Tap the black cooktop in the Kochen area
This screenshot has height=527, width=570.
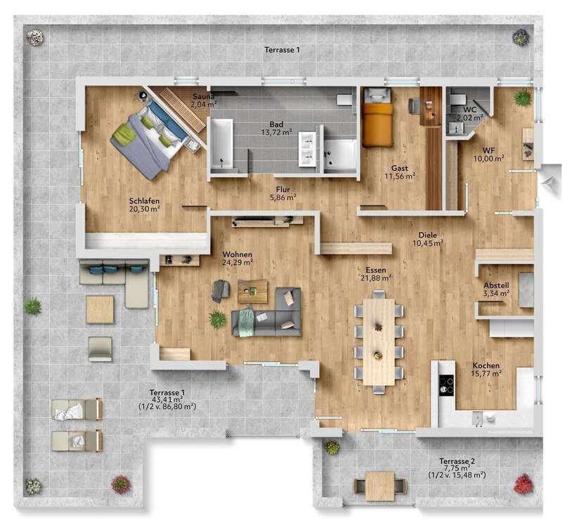coord(446,383)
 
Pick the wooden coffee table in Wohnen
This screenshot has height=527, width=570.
coord(252,291)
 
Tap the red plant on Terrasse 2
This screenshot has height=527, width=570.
coord(523,483)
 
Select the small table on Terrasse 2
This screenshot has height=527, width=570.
coord(380,486)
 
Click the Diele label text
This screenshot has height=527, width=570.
coord(427,235)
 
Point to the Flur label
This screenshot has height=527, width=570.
coord(283,189)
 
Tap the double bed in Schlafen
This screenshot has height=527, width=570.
coord(149,137)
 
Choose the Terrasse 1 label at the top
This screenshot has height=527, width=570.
coord(283,50)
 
